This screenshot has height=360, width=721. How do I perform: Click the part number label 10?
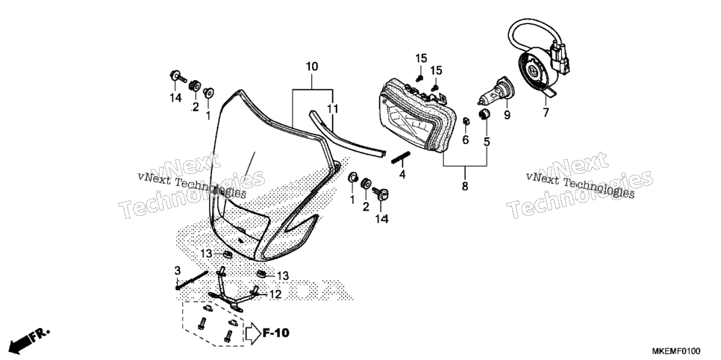[x=312, y=66]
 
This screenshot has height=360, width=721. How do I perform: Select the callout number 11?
[x=332, y=109]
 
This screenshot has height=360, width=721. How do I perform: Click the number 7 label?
[x=546, y=112]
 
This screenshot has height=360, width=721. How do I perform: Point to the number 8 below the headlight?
[x=464, y=187]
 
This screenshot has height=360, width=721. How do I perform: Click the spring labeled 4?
[x=399, y=158]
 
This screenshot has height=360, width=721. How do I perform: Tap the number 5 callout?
[x=487, y=142]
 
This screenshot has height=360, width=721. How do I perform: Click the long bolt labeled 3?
[x=191, y=280]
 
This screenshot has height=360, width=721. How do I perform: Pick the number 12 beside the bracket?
[x=275, y=294]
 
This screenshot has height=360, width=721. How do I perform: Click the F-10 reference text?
[x=276, y=333]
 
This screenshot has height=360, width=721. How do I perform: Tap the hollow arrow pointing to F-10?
[x=253, y=333]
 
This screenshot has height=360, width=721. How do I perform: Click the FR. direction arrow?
[x=28, y=341]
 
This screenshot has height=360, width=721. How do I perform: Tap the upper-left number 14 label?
[x=175, y=97]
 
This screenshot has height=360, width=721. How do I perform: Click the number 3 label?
[x=178, y=270]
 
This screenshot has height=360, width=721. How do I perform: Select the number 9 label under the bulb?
[x=507, y=115]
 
